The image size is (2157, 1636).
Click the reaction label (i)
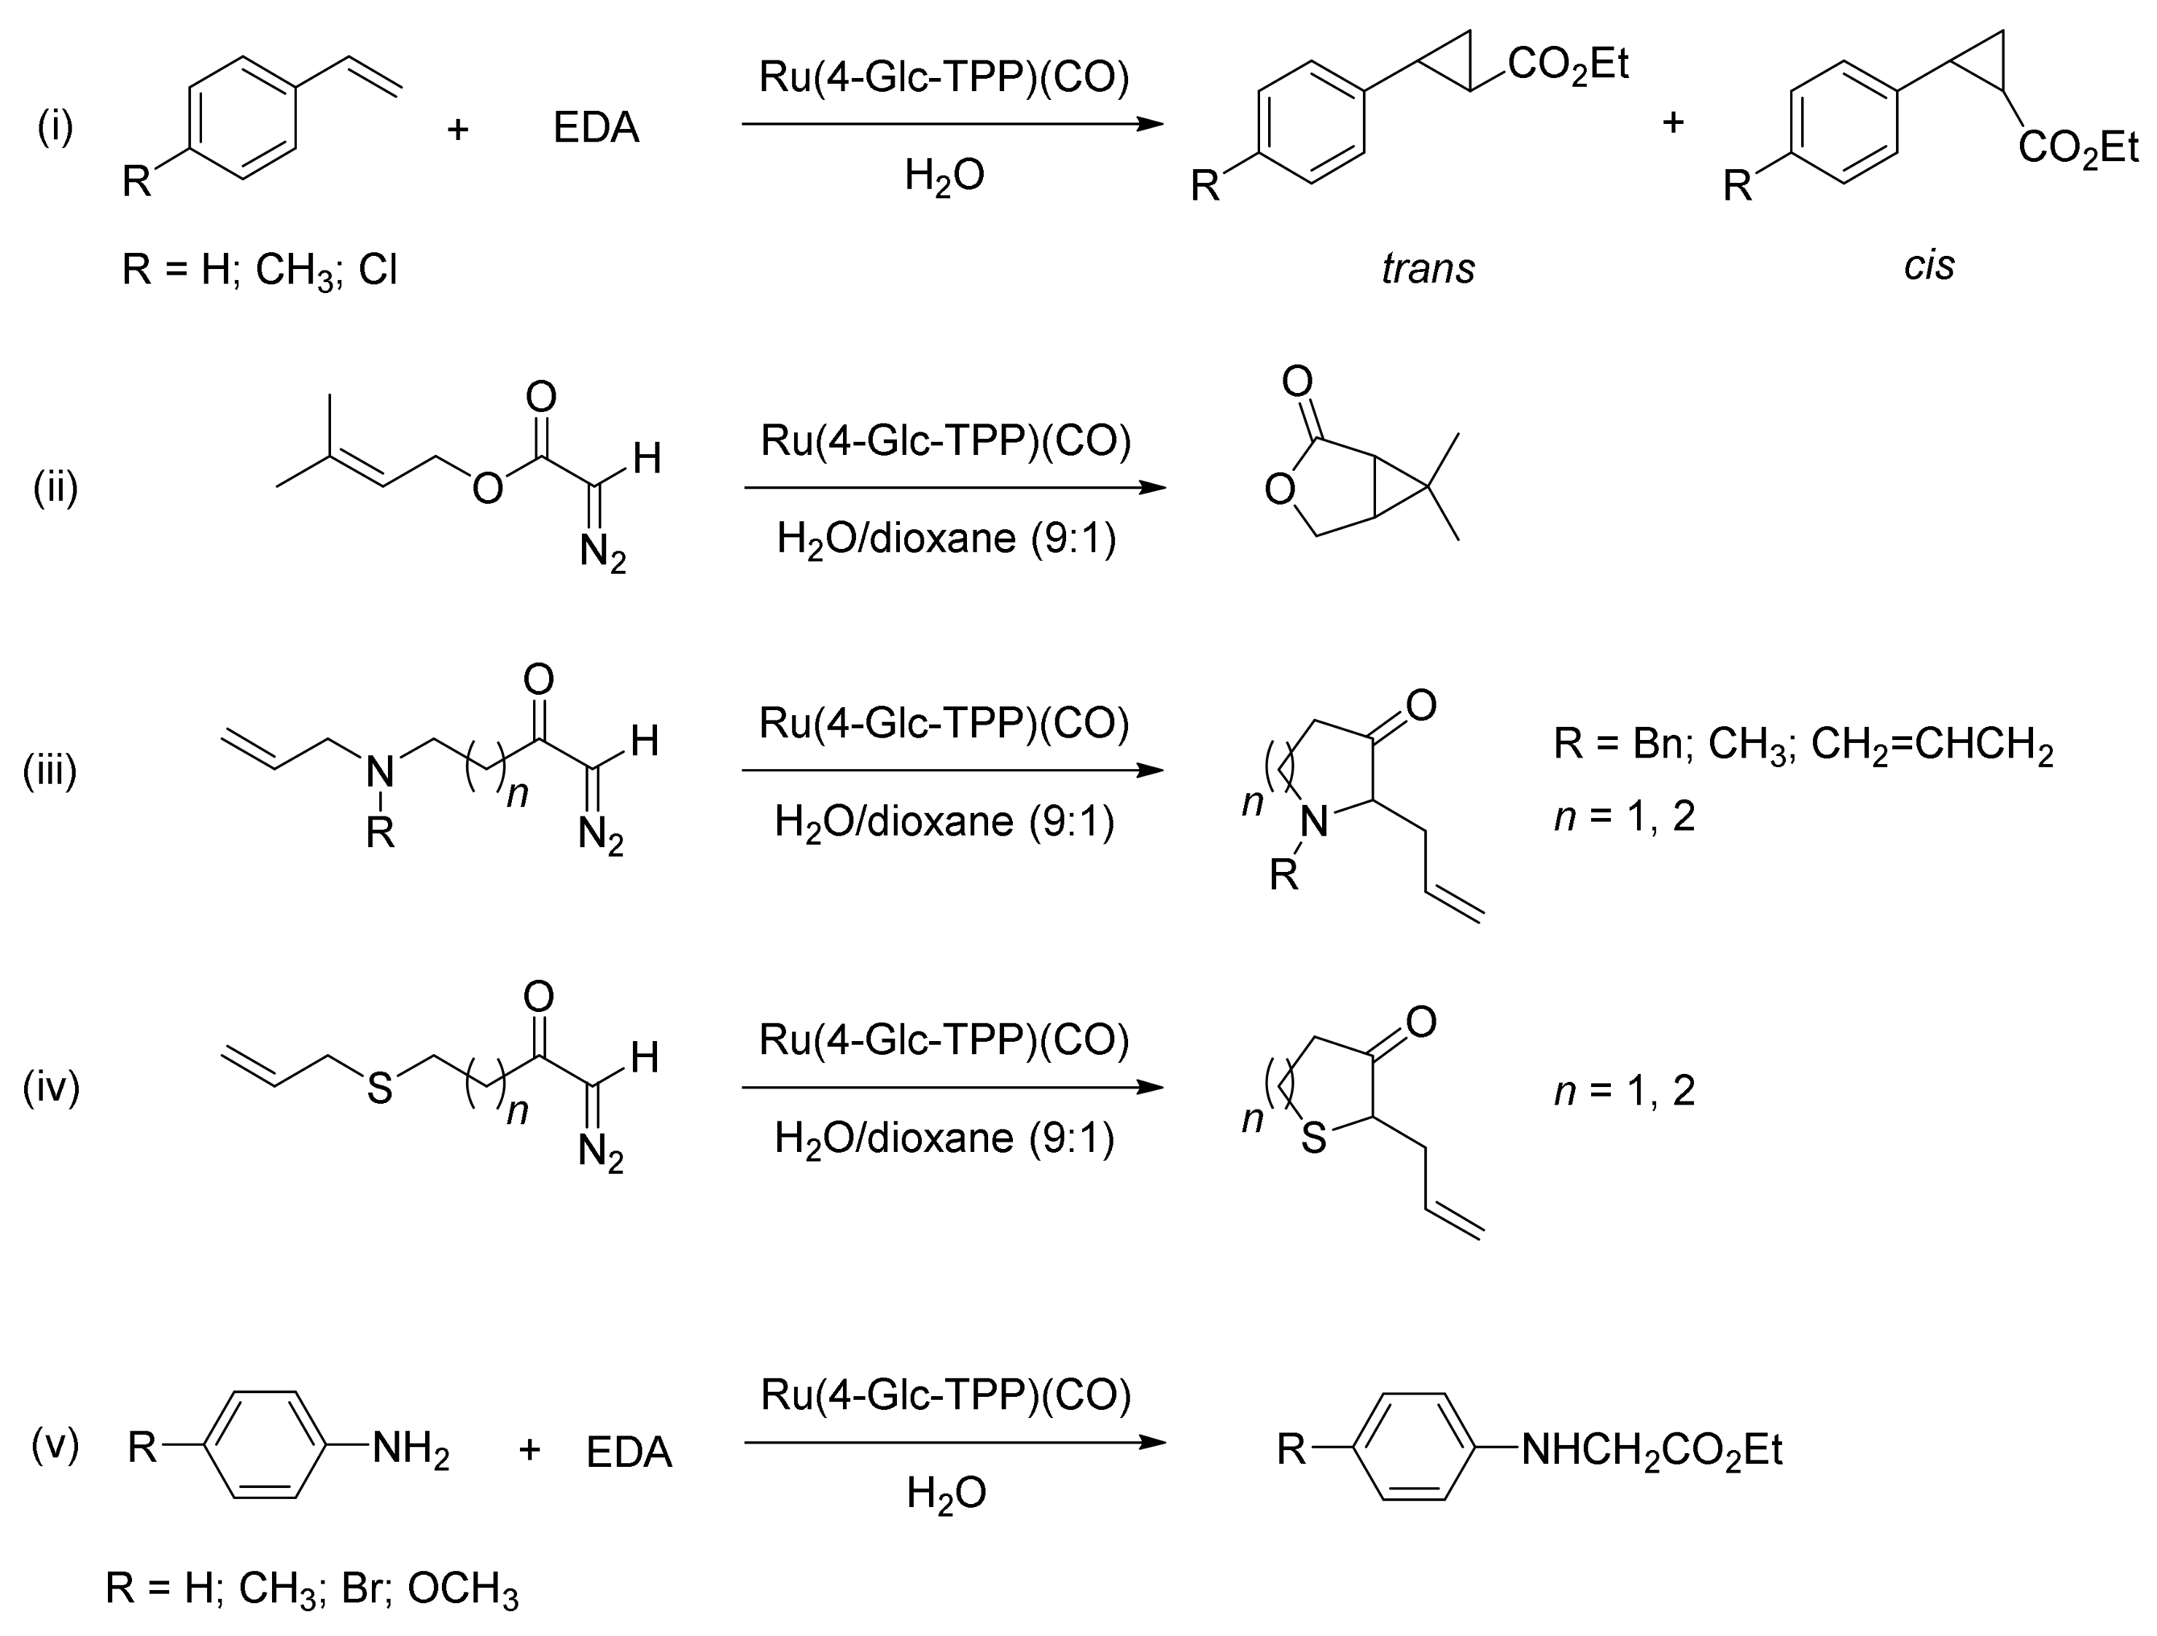(x=55, y=127)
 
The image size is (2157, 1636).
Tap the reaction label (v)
(x=55, y=1444)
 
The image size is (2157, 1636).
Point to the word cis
(x=1929, y=265)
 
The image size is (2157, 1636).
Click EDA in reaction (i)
(x=596, y=128)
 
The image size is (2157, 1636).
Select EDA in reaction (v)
(x=629, y=1452)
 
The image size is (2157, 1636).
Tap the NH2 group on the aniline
(x=411, y=1450)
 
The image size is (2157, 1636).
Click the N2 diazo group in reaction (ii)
(x=602, y=553)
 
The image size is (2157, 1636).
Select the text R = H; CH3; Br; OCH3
(x=312, y=1589)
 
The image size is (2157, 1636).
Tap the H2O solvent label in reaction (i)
(x=944, y=176)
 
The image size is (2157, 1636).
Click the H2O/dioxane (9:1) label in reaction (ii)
(x=946, y=538)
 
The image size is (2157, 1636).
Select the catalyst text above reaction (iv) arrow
(x=944, y=1040)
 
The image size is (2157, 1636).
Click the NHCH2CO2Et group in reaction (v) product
(x=1652, y=1451)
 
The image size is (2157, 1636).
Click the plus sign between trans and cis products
(x=1674, y=123)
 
